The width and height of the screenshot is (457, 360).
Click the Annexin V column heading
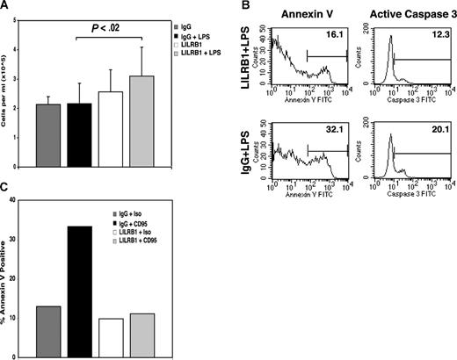click(308, 13)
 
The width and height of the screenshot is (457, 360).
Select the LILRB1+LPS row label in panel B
click(250, 66)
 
